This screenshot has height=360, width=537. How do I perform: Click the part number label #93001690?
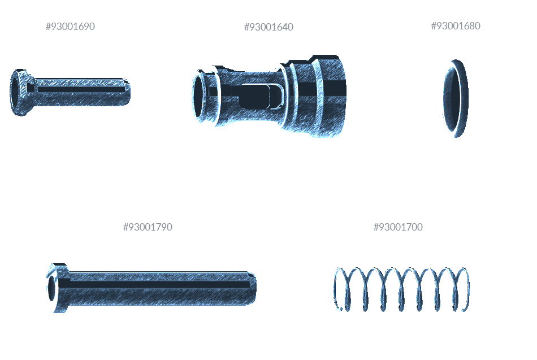(x=70, y=27)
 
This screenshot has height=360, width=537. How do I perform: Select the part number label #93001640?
(x=268, y=27)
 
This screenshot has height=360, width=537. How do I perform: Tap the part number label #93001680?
(x=456, y=26)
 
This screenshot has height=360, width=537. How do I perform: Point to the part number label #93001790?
(x=148, y=227)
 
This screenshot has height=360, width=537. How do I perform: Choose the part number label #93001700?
(x=398, y=227)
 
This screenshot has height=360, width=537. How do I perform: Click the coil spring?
(x=401, y=289)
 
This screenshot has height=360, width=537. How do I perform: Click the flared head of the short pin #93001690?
(x=20, y=93)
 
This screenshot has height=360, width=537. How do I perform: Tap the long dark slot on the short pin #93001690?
(x=81, y=90)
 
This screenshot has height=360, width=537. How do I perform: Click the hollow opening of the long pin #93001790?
(x=51, y=288)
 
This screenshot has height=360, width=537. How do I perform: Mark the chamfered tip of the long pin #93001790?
(x=253, y=288)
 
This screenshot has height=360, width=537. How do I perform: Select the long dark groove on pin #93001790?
(x=154, y=284)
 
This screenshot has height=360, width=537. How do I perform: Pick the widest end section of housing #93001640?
(x=329, y=96)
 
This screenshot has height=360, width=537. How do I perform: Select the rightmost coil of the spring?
(x=462, y=289)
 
